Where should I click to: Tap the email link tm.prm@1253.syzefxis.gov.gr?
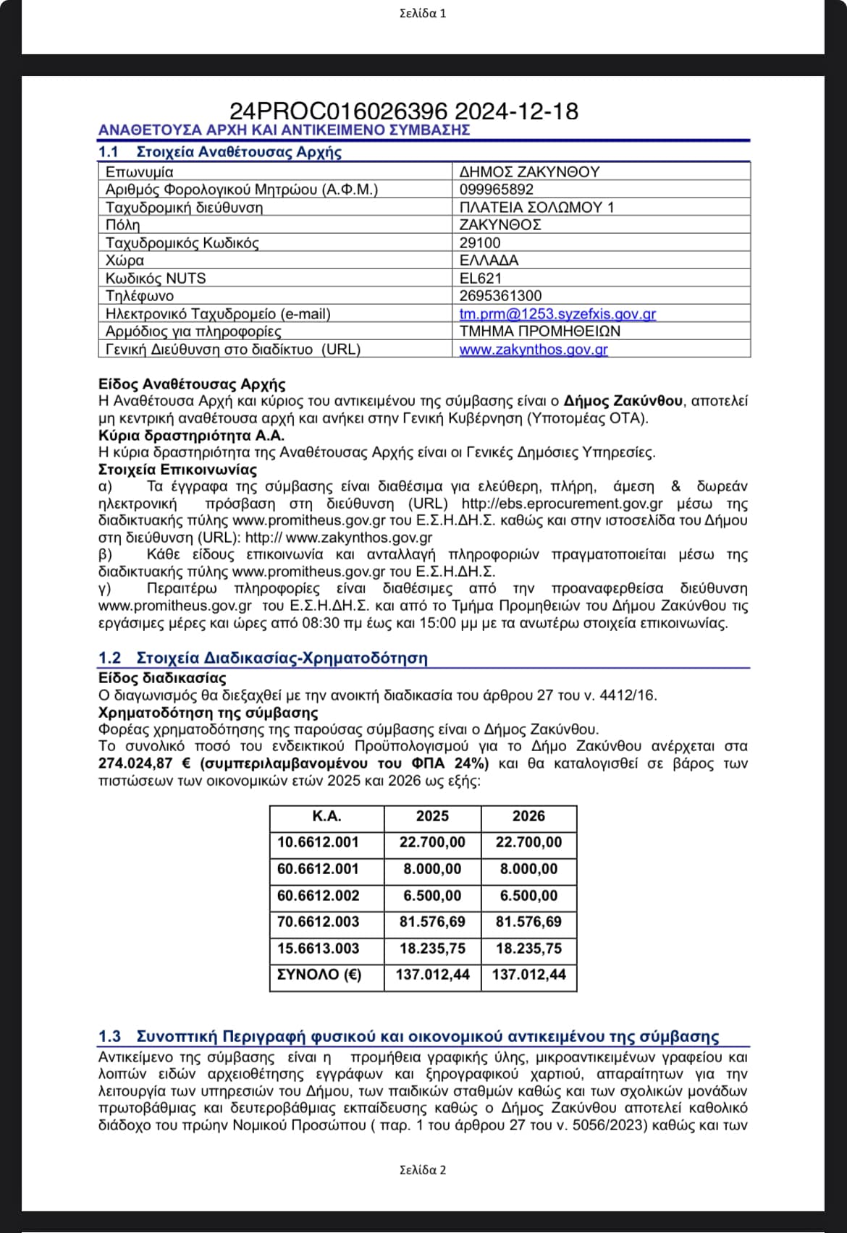pos(557,314)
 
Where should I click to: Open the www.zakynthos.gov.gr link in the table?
pos(534,349)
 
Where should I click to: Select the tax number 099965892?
pos(497,190)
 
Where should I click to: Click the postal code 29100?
pos(480,243)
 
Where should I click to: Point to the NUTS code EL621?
pos(481,279)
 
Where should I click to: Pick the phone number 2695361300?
pos(500,296)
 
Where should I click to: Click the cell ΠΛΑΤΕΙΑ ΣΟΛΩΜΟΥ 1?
pos(537,208)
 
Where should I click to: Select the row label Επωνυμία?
pos(140,172)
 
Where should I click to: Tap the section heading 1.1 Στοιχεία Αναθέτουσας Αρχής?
pos(220,152)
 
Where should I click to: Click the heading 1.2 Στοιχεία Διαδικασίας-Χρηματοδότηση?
pos(263,658)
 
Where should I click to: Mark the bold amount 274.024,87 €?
pos(144,763)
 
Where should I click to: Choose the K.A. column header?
pos(326,816)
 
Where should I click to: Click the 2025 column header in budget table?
pos(432,816)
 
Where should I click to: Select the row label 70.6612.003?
pos(319,922)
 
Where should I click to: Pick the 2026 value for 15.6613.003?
pos(528,949)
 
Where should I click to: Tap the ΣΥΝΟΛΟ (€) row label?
pos(319,975)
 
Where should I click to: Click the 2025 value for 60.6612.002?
pos(432,896)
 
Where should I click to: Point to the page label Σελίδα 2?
pos(423,1170)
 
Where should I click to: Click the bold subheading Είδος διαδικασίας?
pos(162,678)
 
